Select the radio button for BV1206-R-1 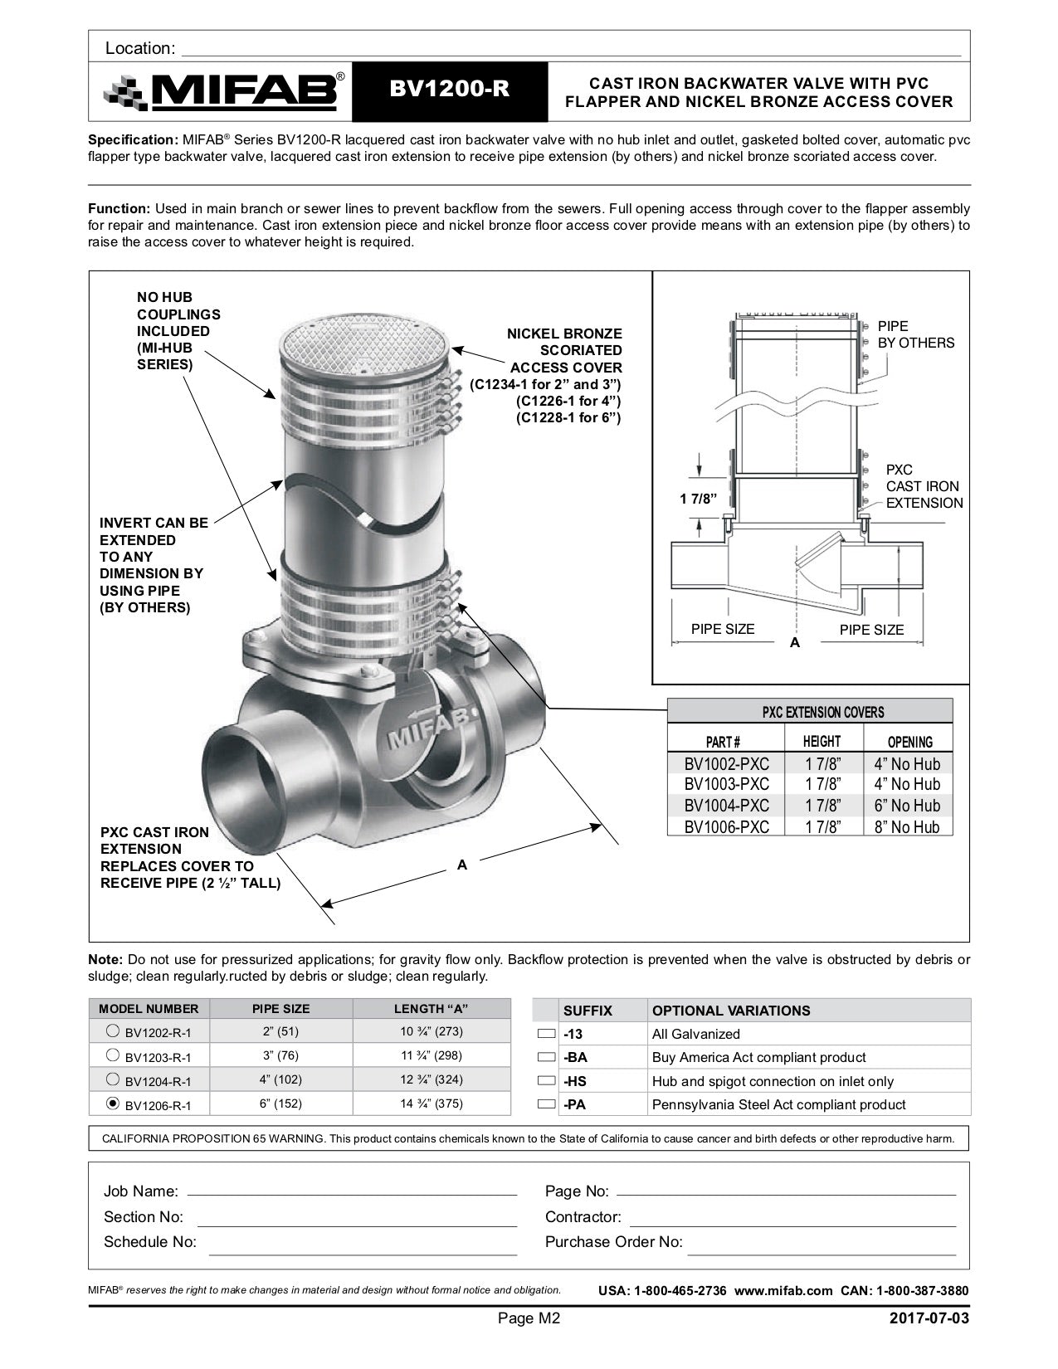tap(113, 1103)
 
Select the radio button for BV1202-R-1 tap(113, 1032)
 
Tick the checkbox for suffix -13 tap(546, 1035)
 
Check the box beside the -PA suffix tap(546, 1104)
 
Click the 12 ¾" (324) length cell tap(431, 1079)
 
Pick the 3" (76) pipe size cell tap(280, 1056)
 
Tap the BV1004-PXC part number tap(726, 806)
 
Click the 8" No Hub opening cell tap(907, 827)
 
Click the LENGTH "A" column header tap(431, 1009)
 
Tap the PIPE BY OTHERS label tap(915, 334)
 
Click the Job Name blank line tap(352, 1192)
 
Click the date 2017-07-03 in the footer tap(928, 1318)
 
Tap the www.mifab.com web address tap(783, 1291)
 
